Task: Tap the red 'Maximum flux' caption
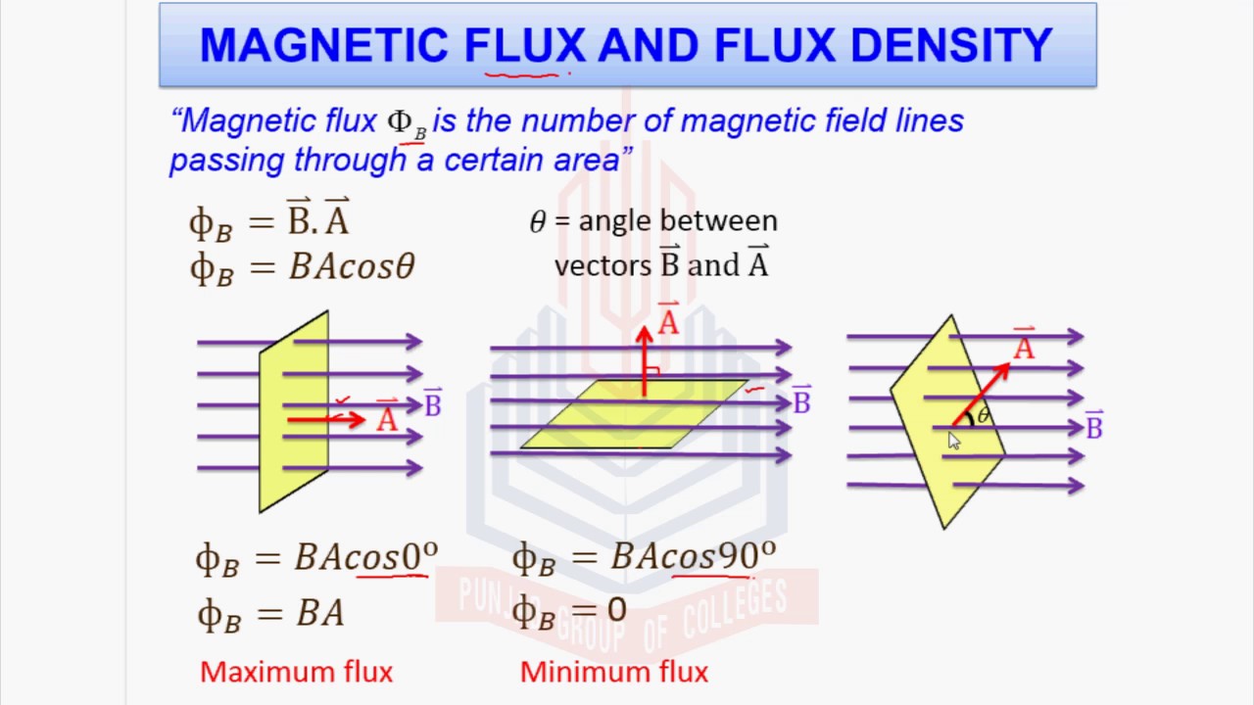click(296, 672)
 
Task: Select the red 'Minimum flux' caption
click(613, 672)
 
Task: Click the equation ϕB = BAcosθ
click(302, 266)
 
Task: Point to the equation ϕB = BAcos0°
click(315, 558)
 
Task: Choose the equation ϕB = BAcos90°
click(644, 558)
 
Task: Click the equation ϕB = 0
click(568, 612)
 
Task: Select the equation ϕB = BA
click(270, 614)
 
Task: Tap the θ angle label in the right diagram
click(984, 415)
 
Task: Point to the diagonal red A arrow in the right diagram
click(981, 394)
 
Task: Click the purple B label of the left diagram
click(432, 403)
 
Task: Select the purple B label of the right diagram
click(1093, 426)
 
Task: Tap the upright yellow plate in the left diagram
click(293, 411)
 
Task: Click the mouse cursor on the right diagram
click(954, 442)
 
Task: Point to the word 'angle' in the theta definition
click(616, 221)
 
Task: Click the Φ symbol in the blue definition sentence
click(400, 121)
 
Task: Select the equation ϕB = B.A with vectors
click(269, 219)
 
